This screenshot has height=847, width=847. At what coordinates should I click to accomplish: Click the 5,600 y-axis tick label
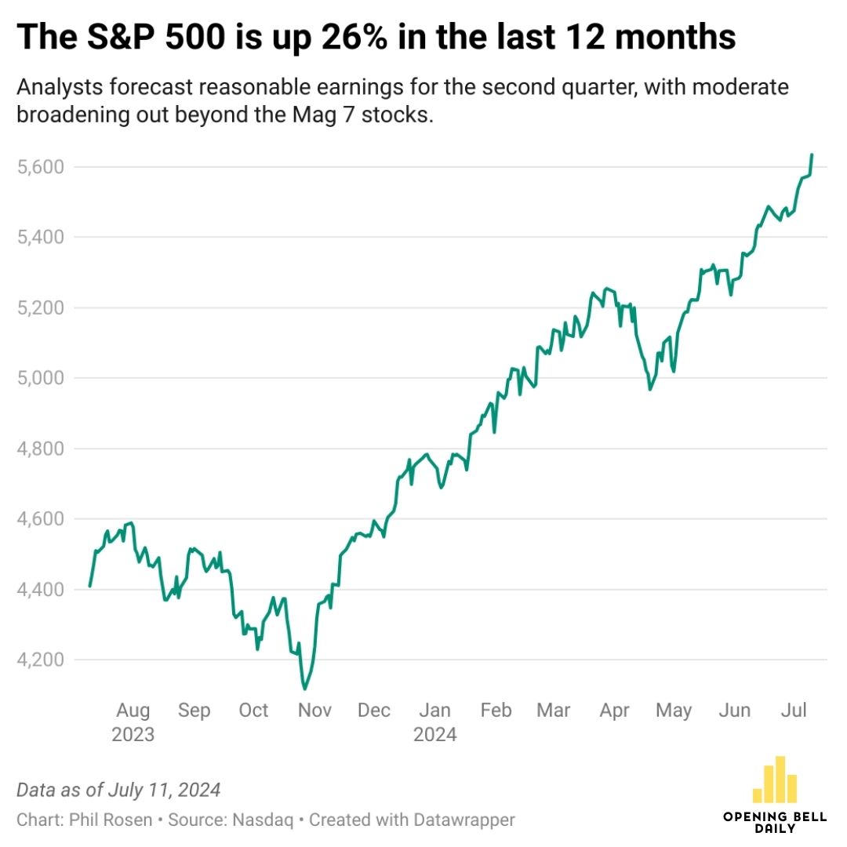pyautogui.click(x=42, y=167)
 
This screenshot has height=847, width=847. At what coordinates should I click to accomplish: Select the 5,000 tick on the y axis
pyautogui.click(x=42, y=378)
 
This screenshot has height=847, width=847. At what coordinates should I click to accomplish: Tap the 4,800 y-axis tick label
pyautogui.click(x=42, y=449)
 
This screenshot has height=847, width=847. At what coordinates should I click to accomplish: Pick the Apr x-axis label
pyautogui.click(x=615, y=711)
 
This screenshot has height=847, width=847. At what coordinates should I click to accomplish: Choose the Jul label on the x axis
pyautogui.click(x=794, y=711)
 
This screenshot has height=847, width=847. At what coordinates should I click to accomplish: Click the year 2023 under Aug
pyautogui.click(x=133, y=736)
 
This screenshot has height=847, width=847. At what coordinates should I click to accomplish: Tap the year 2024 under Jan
pyautogui.click(x=434, y=736)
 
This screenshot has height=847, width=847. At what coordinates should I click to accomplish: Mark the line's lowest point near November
pyautogui.click(x=304, y=689)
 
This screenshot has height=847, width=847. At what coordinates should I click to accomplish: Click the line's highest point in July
pyautogui.click(x=812, y=154)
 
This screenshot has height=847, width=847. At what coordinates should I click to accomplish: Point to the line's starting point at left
pyautogui.click(x=90, y=586)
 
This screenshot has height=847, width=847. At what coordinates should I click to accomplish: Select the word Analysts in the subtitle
pyautogui.click(x=56, y=87)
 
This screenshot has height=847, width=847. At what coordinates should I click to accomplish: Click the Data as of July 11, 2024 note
pyautogui.click(x=118, y=789)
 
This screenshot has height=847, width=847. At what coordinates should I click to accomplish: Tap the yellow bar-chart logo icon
pyautogui.click(x=774, y=779)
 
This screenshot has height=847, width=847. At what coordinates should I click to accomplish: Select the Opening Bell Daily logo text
pyautogui.click(x=774, y=822)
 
